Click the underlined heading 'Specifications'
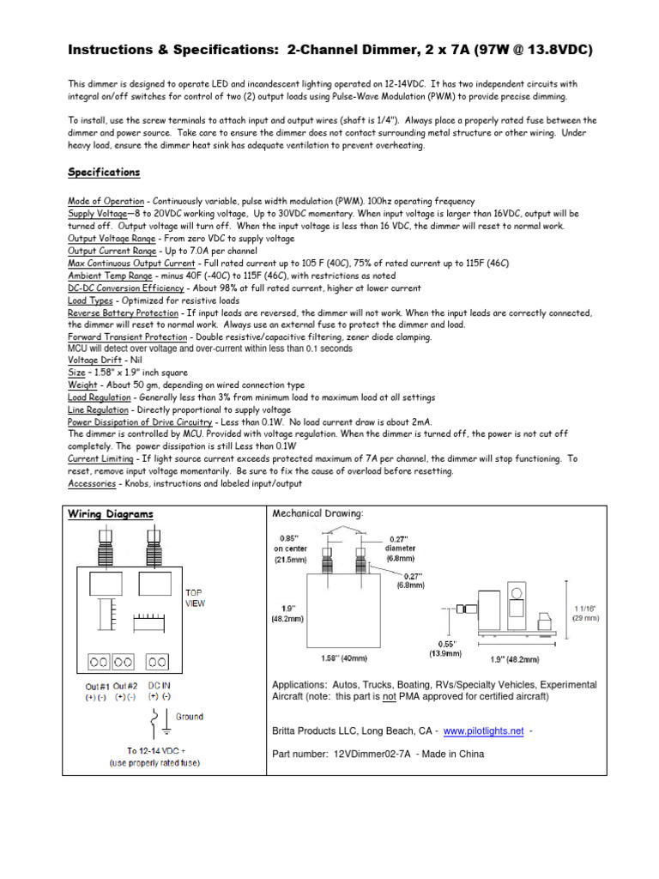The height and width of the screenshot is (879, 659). coord(104,172)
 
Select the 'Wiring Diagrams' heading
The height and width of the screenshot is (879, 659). coord(111,514)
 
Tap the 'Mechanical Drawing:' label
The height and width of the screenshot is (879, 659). coord(317,513)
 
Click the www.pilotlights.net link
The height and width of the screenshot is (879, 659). coord(483,731)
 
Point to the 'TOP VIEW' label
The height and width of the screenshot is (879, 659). coord(196,597)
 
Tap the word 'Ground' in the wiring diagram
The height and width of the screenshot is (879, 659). coord(190,716)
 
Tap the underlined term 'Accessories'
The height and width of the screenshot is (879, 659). coord(91,484)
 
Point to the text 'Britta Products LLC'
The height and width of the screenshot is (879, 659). coord(317,731)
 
